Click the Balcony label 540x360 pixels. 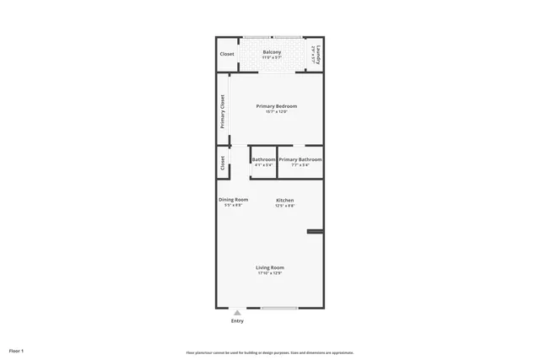(272, 52)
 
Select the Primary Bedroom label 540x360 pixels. (277, 106)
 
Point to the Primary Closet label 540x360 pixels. (223, 111)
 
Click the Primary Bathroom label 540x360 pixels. (300, 159)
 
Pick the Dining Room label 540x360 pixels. (234, 200)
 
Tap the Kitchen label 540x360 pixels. (284, 200)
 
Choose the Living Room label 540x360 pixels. (270, 267)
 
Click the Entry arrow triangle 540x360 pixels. (237, 313)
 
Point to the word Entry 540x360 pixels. (237, 321)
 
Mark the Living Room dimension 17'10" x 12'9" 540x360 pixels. (270, 273)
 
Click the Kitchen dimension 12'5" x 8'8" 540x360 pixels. (284, 206)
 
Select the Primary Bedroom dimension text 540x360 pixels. (277, 112)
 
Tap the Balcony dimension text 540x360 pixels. (272, 57)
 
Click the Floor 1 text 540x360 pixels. (17, 351)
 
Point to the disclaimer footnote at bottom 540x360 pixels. (270, 352)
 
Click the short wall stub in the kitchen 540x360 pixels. (316, 231)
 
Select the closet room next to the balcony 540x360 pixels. (227, 54)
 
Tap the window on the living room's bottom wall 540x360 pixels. (279, 308)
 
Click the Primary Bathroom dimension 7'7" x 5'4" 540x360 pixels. (300, 164)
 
